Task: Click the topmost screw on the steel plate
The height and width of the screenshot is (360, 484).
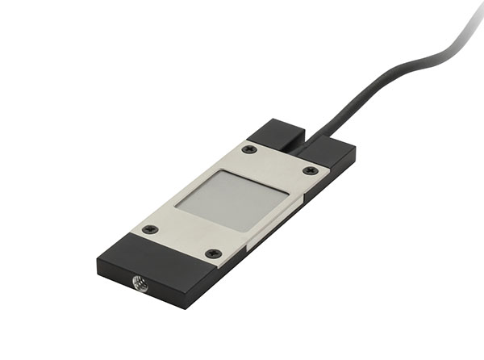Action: tap(249, 149)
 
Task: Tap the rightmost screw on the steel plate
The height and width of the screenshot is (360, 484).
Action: tap(311, 170)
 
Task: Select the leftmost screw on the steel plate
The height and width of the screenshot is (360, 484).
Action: tap(148, 229)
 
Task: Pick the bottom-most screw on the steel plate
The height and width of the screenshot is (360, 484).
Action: tap(213, 253)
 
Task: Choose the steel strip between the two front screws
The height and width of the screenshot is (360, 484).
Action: tap(181, 241)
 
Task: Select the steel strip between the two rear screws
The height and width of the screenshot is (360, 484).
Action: tap(280, 160)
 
